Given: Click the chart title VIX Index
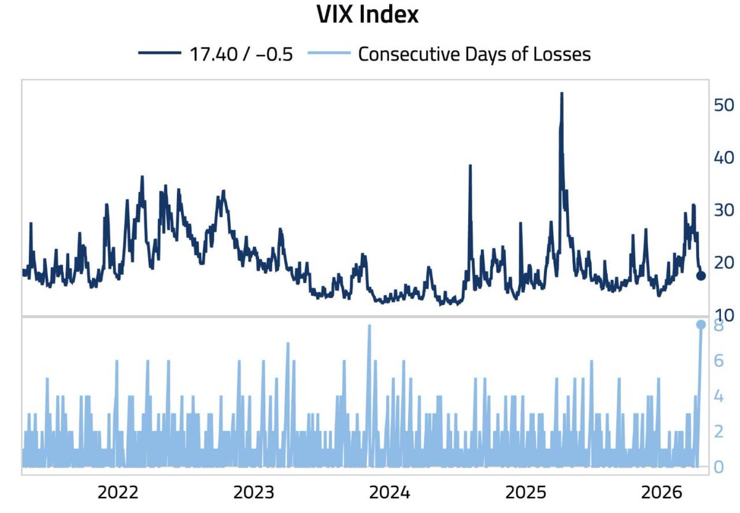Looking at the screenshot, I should pos(368,15).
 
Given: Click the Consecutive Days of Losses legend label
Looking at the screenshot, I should pos(474,54).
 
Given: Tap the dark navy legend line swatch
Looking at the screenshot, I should pos(162,54).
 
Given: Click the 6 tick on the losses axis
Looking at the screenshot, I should pos(718,360).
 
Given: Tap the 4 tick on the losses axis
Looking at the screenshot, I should pos(718,396).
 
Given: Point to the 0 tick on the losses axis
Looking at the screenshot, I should pos(718,467).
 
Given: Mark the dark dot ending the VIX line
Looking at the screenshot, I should pos(701,275).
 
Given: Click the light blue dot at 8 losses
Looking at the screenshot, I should pos(701,324).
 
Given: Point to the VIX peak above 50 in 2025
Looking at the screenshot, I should pos(562,94).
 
